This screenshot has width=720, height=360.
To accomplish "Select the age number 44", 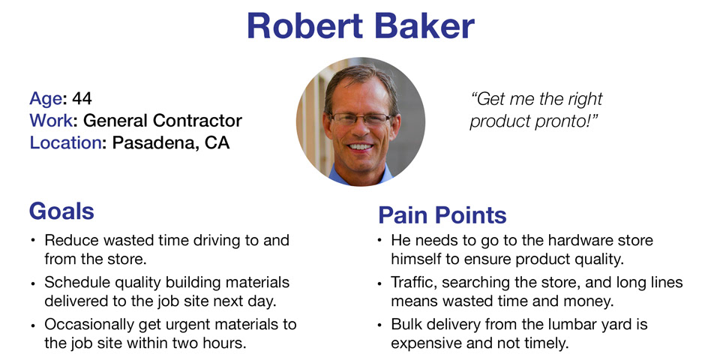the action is [82, 98].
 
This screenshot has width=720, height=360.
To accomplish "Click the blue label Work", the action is [50, 121].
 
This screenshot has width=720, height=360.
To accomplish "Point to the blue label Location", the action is [65, 142].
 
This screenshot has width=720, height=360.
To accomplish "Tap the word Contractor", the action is [197, 121].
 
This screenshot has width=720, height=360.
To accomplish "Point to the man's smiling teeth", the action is [361, 147].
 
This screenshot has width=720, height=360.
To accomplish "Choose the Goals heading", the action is [61, 211].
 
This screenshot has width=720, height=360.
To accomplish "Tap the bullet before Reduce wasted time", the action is [32, 241].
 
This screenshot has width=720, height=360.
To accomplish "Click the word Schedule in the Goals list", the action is [74, 282].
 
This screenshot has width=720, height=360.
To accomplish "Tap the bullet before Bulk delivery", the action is [379, 325].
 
